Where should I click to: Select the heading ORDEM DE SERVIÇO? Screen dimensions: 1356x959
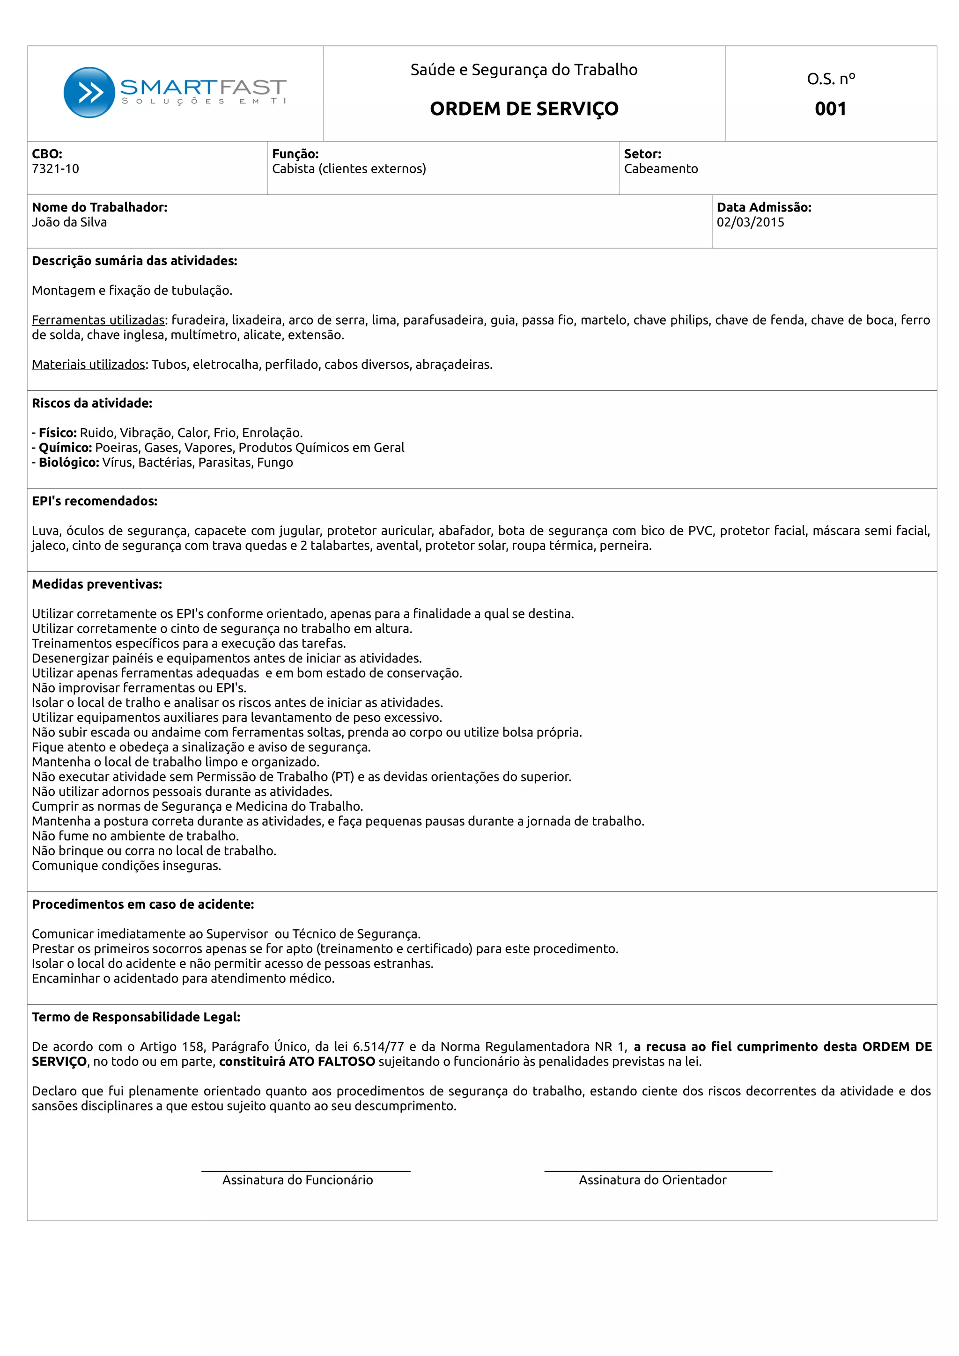click(524, 109)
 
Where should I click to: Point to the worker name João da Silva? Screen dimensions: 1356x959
click(69, 223)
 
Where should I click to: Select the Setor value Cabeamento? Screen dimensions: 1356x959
click(661, 169)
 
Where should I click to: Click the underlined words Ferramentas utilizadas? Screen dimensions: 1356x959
click(98, 320)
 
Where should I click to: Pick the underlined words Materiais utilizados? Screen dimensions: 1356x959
click(89, 365)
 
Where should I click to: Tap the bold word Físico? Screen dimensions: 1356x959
click(57, 433)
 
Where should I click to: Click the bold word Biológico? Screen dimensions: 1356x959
click(68, 462)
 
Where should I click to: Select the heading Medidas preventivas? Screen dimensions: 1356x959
click(97, 584)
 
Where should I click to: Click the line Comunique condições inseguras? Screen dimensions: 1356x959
click(126, 866)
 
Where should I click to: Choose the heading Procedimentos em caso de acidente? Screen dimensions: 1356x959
click(143, 904)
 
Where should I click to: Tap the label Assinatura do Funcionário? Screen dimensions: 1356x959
click(297, 1180)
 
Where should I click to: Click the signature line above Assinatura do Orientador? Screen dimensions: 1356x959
click(657, 1171)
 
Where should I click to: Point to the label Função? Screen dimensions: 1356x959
click(295, 154)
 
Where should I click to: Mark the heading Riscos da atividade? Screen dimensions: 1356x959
click(92, 403)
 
